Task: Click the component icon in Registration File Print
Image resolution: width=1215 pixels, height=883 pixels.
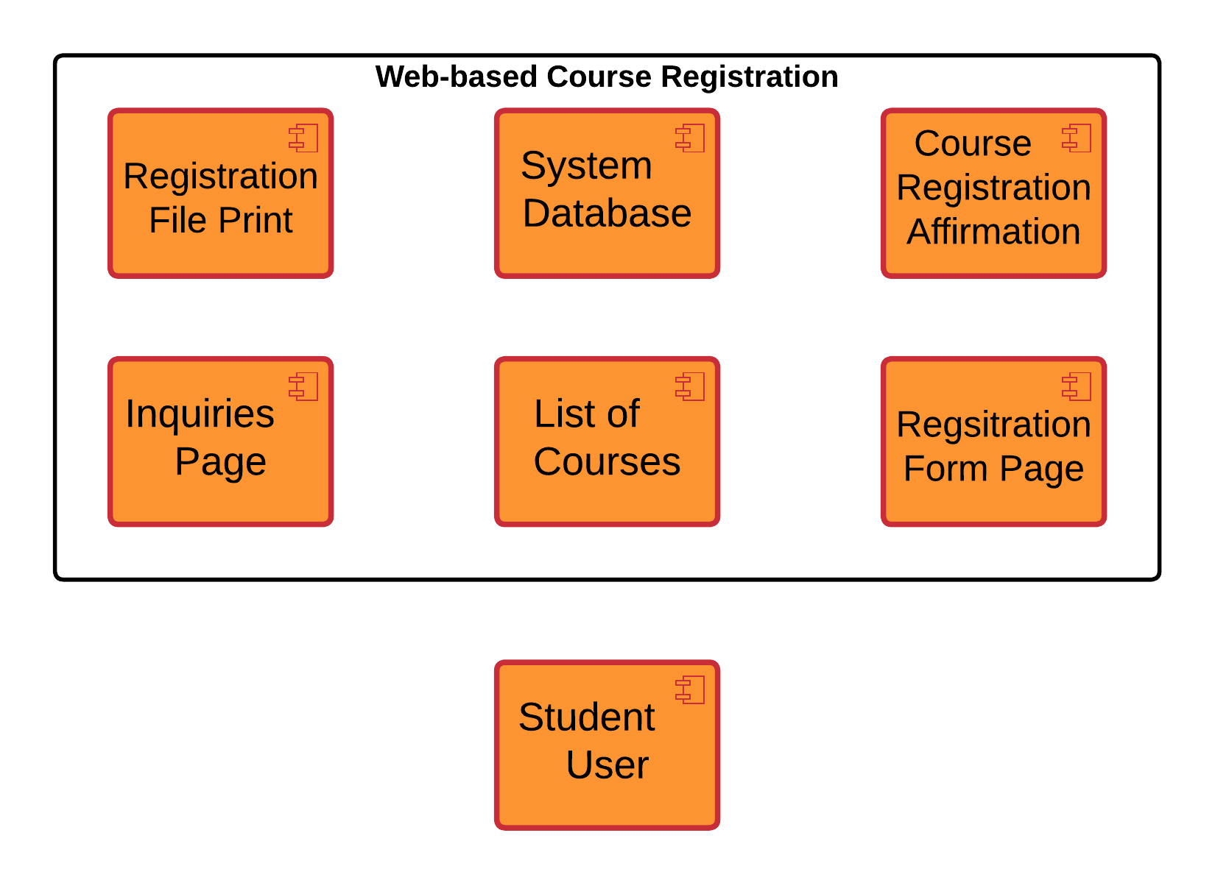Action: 303,138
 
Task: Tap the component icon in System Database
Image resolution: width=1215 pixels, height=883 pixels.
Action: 690,138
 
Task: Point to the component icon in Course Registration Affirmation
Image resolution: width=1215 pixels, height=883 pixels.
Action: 1077,138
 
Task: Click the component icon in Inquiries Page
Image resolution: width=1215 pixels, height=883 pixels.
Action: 303,386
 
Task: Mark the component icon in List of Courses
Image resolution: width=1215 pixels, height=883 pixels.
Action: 690,386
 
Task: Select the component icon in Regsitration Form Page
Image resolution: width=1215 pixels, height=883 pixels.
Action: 1077,386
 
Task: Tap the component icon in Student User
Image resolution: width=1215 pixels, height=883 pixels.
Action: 690,689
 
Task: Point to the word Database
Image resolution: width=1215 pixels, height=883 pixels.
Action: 607,213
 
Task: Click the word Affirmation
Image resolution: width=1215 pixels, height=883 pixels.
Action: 993,232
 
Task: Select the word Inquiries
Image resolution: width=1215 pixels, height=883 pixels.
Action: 200,414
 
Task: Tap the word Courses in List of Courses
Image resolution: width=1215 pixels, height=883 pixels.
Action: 607,462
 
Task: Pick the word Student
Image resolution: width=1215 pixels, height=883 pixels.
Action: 586,717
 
